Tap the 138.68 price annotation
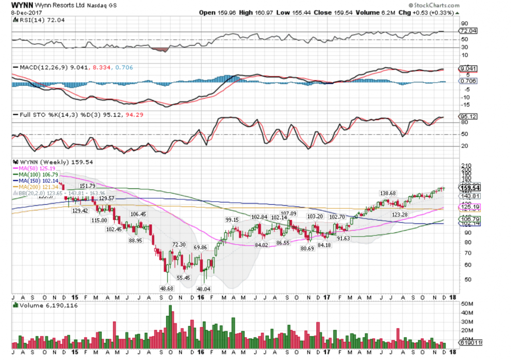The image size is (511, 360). [388, 193]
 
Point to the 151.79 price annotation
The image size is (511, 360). [88, 186]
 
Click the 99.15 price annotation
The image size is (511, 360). [232, 220]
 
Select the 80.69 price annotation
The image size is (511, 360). [307, 248]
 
